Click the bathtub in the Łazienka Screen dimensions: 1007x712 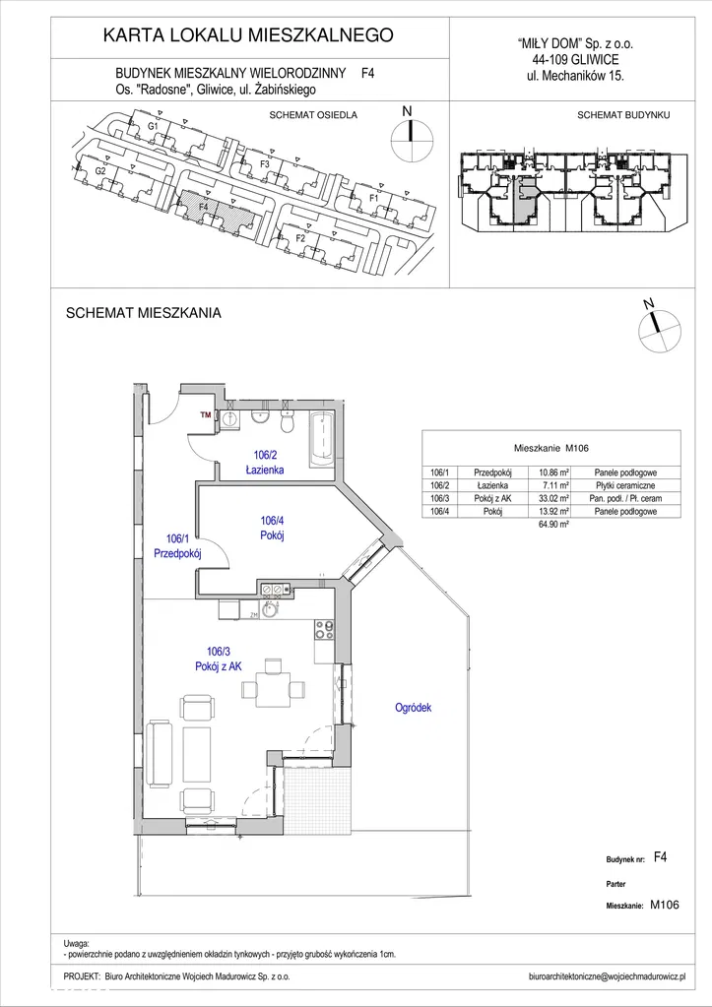[320, 440]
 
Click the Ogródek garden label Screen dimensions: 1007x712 [413, 708]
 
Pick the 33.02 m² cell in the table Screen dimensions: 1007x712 [544, 498]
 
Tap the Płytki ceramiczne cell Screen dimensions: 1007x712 [625, 485]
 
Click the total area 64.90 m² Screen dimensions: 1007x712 [544, 525]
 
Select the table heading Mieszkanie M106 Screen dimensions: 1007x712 [551, 447]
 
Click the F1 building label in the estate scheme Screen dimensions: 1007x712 [373, 198]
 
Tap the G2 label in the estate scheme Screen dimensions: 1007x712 [99, 171]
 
